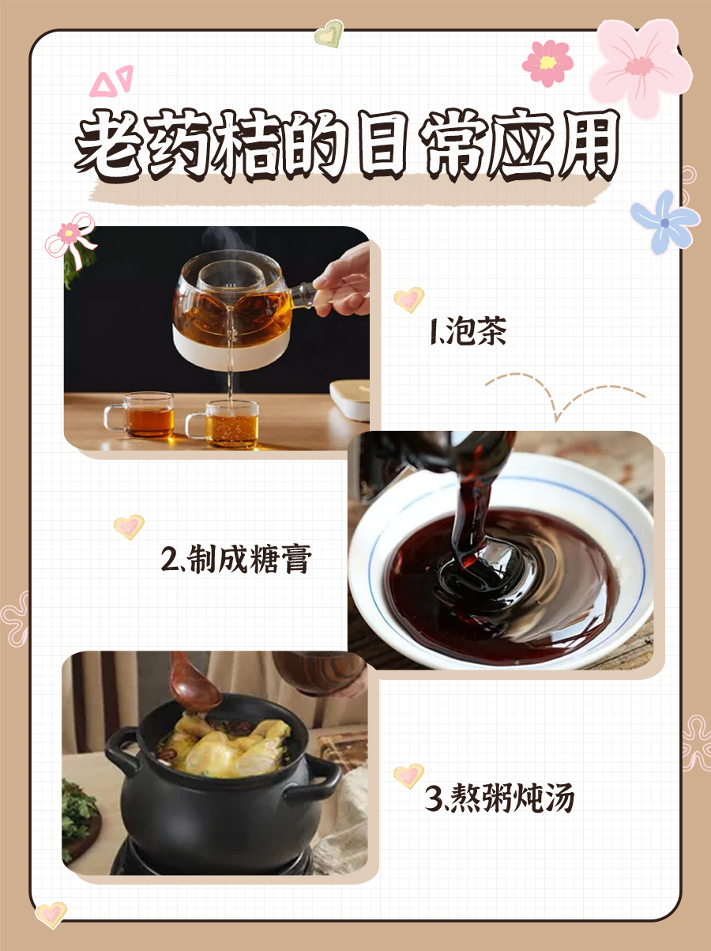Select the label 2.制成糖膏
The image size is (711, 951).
[236, 560]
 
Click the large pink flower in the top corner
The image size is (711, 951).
[640, 67]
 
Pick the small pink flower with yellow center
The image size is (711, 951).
[547, 62]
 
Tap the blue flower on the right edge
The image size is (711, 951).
[664, 221]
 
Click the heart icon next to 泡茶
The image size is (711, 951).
[408, 300]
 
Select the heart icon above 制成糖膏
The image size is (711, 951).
[129, 526]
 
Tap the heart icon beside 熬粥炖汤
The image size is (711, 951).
[408, 776]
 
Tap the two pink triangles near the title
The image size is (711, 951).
[111, 81]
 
